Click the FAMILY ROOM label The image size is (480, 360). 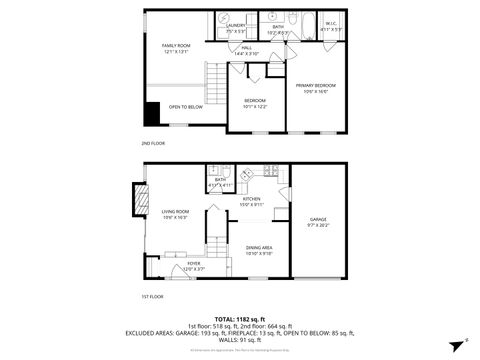pos(175,46)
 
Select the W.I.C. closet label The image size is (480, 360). pos(330,25)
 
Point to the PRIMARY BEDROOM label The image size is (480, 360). pos(315,87)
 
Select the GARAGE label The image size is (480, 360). pos(318,219)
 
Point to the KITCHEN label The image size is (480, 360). pos(251,199)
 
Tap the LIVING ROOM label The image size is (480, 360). pos(176,211)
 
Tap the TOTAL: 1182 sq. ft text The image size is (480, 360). pos(239,318)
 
